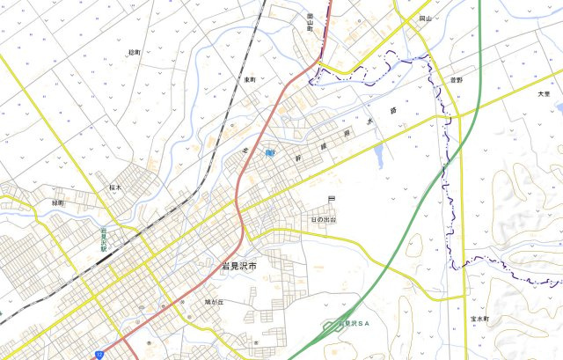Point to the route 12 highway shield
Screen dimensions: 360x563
99,354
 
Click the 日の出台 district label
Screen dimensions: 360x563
324,219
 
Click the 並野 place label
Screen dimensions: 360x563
455,80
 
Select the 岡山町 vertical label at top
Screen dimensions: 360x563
311,21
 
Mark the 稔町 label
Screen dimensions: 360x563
134,53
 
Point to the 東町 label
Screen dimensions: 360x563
250,80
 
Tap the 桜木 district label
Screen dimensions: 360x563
115,187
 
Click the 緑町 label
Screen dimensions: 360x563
59,202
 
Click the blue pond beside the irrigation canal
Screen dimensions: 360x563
378,157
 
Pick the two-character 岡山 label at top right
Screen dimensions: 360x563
425,18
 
